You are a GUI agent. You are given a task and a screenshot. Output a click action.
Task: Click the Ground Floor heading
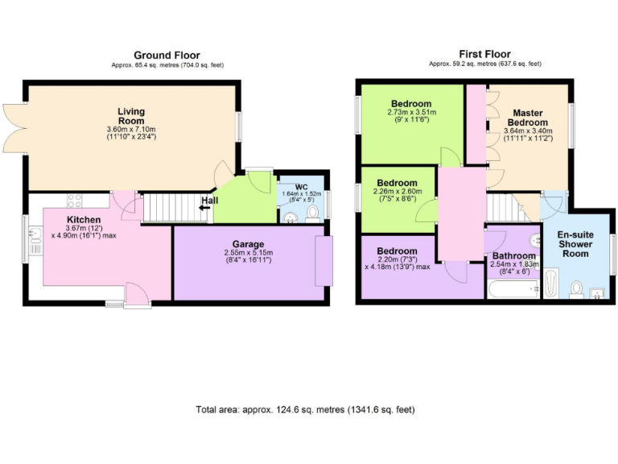(x=167, y=56)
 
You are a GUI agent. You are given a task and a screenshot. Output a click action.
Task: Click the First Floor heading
(x=485, y=53)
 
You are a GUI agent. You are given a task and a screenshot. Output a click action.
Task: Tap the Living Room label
(x=130, y=116)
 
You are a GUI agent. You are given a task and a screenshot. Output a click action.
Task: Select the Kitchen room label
(x=84, y=219)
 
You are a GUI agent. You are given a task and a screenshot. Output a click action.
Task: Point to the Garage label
(x=249, y=244)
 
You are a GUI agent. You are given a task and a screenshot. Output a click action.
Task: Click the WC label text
(x=302, y=187)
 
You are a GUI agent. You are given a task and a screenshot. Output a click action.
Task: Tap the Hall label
(x=209, y=201)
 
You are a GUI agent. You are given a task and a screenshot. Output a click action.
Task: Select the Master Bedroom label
(x=527, y=118)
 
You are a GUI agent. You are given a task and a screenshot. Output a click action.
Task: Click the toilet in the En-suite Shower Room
(x=576, y=288)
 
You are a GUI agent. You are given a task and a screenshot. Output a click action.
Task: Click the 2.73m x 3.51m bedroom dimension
(x=410, y=113)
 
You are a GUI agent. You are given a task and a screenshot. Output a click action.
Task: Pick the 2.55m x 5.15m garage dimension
(x=249, y=253)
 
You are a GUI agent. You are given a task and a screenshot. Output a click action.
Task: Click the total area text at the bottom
(x=305, y=410)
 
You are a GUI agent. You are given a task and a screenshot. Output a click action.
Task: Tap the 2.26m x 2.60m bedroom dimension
(x=397, y=192)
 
